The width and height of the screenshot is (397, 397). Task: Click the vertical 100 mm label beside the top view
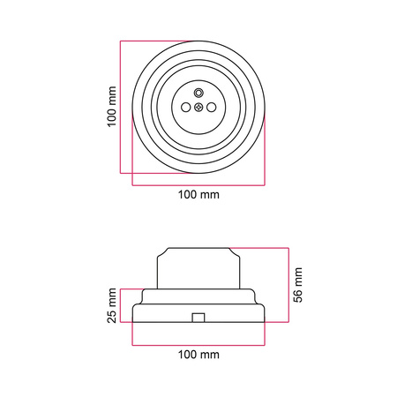(x=112, y=107)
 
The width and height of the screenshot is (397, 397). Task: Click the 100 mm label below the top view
(x=198, y=195)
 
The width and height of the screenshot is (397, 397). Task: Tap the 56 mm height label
(x=298, y=285)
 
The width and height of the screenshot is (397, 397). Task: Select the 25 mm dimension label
(x=112, y=306)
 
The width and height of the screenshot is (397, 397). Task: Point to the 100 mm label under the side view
(x=198, y=355)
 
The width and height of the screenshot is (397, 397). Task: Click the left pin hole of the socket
(x=185, y=108)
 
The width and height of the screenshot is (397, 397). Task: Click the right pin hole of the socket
(x=212, y=108)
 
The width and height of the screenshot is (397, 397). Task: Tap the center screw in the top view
(x=198, y=108)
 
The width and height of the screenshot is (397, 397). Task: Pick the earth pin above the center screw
(x=198, y=93)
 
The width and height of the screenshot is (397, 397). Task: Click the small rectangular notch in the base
(x=198, y=318)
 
